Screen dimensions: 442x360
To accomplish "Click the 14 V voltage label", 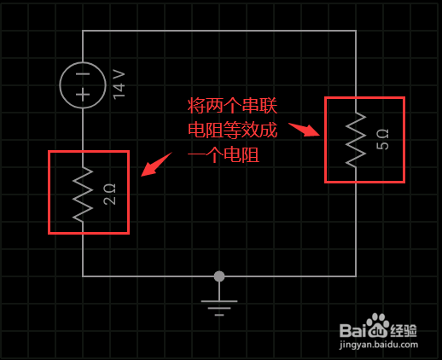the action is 119,84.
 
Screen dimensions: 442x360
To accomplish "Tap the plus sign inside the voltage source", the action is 83,95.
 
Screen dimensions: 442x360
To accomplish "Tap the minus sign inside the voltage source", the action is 83,74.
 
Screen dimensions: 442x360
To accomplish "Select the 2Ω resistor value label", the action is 110,195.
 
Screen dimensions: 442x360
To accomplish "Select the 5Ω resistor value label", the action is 382,139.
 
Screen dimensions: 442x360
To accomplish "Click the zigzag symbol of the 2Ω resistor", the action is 83,195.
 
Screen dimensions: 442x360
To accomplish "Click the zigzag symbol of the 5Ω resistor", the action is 356,139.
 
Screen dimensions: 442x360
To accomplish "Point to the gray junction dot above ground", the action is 219,276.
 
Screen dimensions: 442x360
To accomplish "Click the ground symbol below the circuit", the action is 219,305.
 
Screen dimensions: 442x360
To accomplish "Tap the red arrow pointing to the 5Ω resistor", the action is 305,130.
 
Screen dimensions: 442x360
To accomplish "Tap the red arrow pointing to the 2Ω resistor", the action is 156,165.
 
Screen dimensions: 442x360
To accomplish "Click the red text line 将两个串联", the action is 232,106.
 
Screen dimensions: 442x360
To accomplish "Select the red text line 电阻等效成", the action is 232,131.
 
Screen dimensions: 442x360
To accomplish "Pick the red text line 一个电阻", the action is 224,155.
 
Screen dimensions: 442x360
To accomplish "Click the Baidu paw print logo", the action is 378,324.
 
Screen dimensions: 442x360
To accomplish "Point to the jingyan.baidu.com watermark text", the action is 379,345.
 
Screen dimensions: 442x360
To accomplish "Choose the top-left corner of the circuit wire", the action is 83,31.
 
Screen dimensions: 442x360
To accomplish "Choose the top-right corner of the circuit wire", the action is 356,31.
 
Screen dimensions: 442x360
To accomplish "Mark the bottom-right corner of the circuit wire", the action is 356,276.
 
